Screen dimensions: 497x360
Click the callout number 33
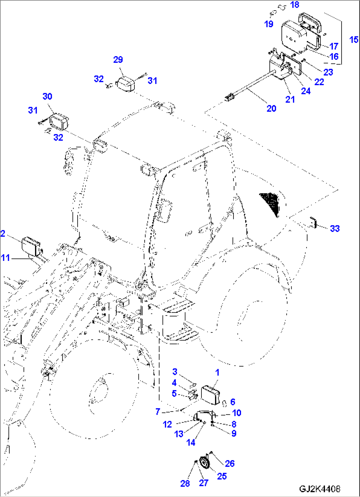tap(335, 229)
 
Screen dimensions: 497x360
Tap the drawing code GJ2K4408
tap(319, 489)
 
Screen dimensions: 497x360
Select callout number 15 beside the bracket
tap(353, 40)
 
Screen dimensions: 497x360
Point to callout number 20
tap(271, 108)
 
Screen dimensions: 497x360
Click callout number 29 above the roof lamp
tap(118, 59)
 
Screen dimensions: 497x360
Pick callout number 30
tap(47, 96)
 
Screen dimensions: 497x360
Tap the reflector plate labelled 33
tap(313, 222)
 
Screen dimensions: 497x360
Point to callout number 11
tap(5, 258)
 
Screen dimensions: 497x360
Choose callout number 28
tap(185, 483)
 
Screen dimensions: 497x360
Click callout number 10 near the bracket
tap(236, 413)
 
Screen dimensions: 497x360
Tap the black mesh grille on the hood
tap(270, 203)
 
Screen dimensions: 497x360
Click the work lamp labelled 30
tap(59, 122)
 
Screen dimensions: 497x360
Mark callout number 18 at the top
tap(294, 5)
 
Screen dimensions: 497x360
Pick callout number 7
tap(158, 412)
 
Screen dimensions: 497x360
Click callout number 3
tap(175, 372)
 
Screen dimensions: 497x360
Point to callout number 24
tap(306, 91)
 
